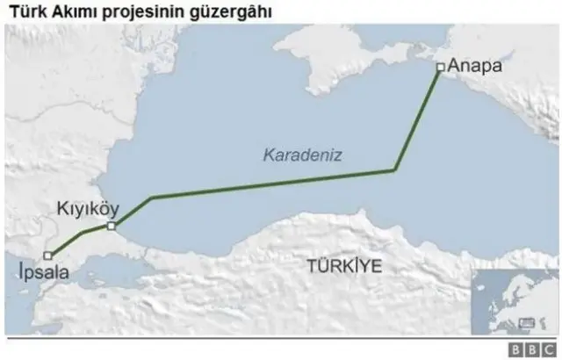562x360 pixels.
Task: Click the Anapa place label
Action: (x=475, y=65)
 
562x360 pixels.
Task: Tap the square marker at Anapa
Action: (x=440, y=67)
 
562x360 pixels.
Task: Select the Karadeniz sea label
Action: (x=302, y=155)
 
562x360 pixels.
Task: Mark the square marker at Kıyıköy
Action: (x=112, y=227)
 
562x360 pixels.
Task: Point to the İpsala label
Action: (x=42, y=273)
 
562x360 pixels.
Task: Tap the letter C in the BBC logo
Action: (x=548, y=349)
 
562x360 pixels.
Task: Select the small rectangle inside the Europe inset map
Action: (x=527, y=322)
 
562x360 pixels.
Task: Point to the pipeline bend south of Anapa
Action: (x=394, y=169)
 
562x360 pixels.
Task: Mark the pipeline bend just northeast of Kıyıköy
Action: (x=151, y=198)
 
